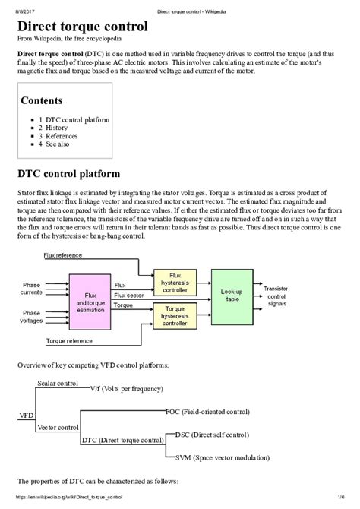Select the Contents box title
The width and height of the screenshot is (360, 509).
tap(42, 100)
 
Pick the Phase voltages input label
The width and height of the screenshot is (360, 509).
tap(30, 316)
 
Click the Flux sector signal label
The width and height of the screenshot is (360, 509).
tap(129, 295)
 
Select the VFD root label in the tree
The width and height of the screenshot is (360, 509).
tap(25, 416)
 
